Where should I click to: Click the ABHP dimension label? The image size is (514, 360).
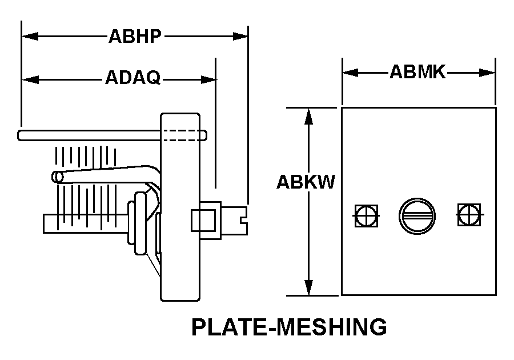click(x=135, y=37)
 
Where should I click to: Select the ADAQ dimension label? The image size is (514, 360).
click(x=132, y=78)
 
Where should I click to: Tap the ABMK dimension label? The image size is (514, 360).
click(x=417, y=73)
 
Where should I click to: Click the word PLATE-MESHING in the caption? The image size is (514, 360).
click(x=288, y=327)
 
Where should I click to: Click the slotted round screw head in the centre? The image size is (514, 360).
click(x=417, y=215)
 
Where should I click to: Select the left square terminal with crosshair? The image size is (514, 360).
click(x=366, y=215)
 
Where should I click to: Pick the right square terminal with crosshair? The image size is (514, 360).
click(x=469, y=215)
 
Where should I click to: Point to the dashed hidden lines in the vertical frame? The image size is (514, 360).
click(x=180, y=135)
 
